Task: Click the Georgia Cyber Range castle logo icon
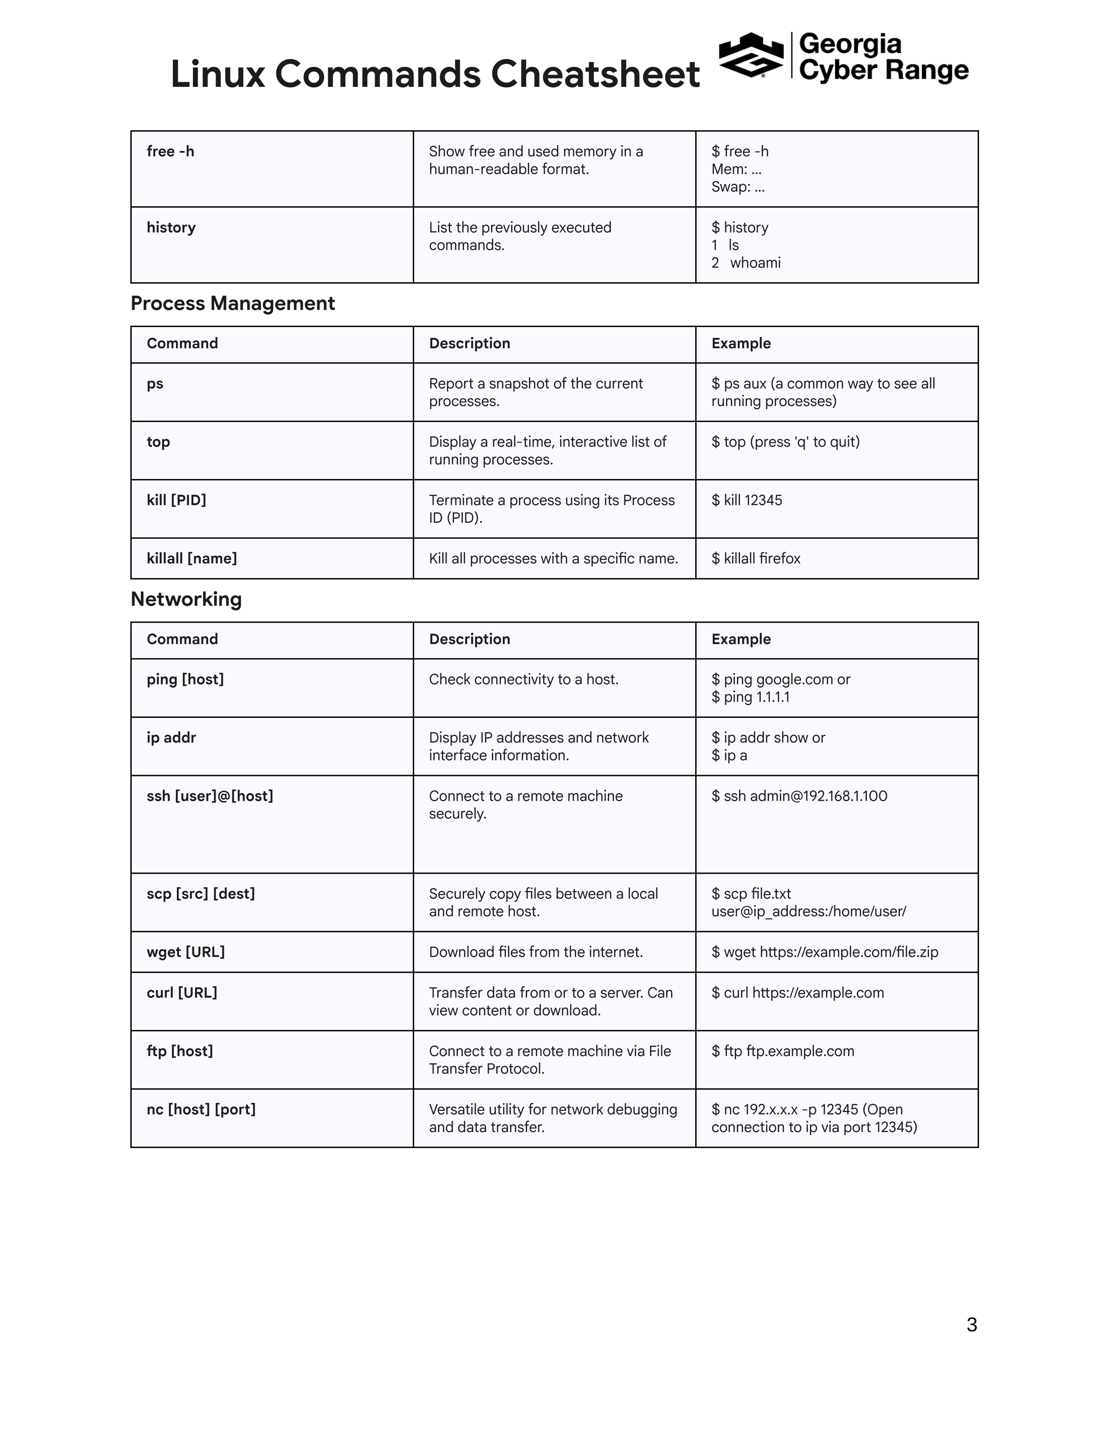[751, 55]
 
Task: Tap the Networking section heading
[186, 599]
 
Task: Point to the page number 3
[972, 1325]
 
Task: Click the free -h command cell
[171, 152]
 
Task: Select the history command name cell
[171, 228]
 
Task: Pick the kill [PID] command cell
[176, 500]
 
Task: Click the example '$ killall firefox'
[756, 558]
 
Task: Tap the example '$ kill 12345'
[746, 500]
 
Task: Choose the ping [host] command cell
[185, 679]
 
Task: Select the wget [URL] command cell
[186, 952]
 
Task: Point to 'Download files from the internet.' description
[536, 952]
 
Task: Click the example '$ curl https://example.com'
[797, 993]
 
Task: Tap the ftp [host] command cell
[180, 1051]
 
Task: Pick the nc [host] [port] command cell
[201, 1109]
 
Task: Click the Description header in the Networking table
[469, 639]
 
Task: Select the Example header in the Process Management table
[741, 343]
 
